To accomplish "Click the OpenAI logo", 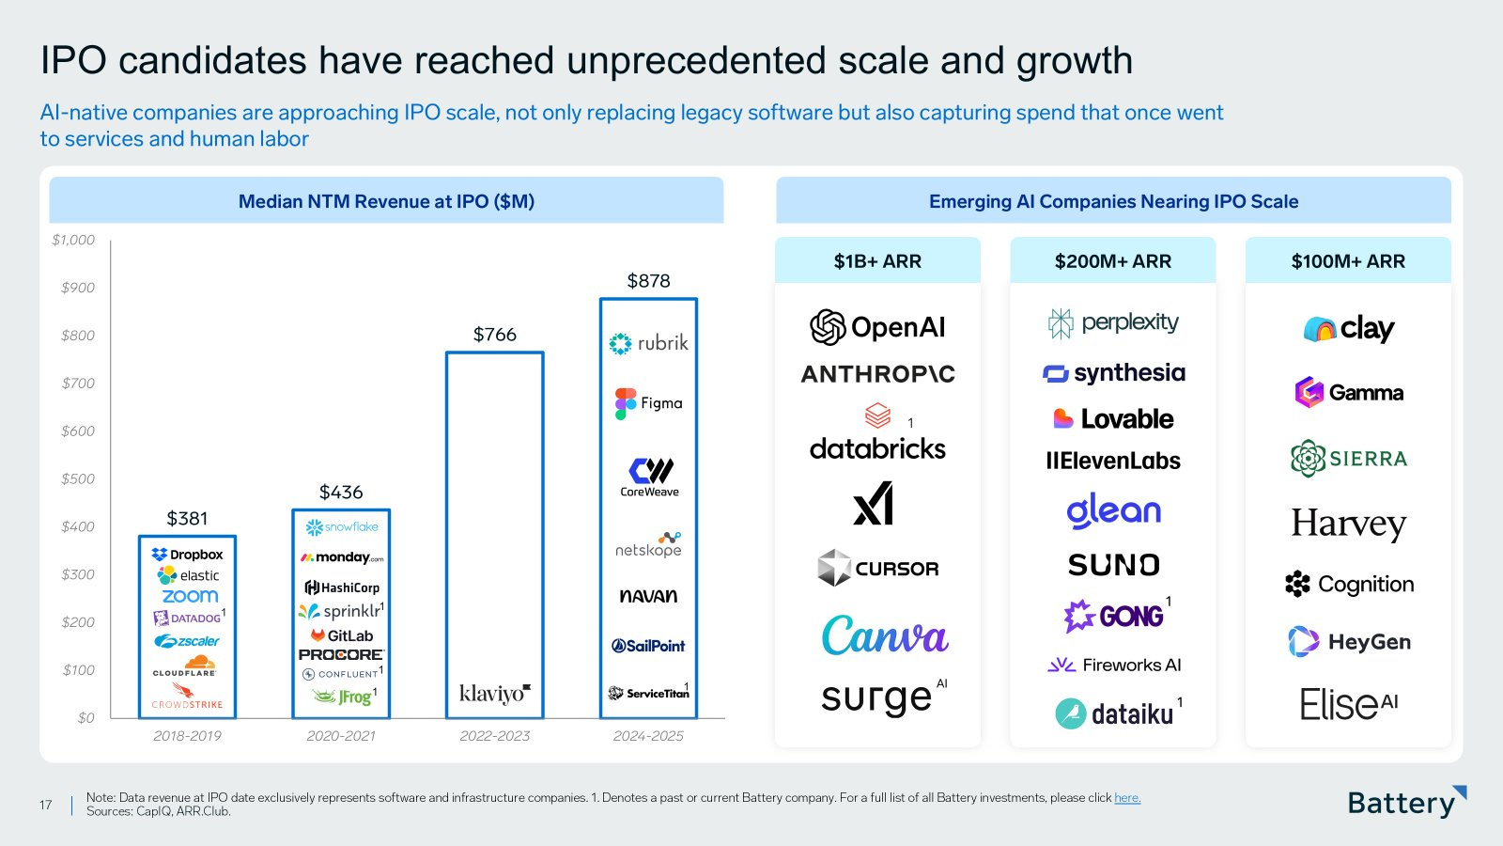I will point(877,327).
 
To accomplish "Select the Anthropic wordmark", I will point(877,374).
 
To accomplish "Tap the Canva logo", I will point(885,635).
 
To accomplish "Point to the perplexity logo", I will point(1113,322).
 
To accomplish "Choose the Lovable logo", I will point(1113,418).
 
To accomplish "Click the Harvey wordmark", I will point(1348,524).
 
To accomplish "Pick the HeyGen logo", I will point(1349,642).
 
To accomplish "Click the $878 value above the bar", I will point(648,281).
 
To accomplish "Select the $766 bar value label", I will point(494,335).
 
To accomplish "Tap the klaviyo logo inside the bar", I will point(494,694).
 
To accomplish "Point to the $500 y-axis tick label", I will point(78,478).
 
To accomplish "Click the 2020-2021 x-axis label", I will point(340,736).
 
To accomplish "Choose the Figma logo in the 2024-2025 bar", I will point(648,403).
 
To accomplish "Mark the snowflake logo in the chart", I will point(341,527).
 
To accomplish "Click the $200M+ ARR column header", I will point(1112,261).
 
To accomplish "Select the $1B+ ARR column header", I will point(877,261).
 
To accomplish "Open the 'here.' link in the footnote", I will point(1127,798).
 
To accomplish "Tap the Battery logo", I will point(1405,802).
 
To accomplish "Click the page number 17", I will point(45,805).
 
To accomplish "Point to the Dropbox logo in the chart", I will point(187,555).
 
